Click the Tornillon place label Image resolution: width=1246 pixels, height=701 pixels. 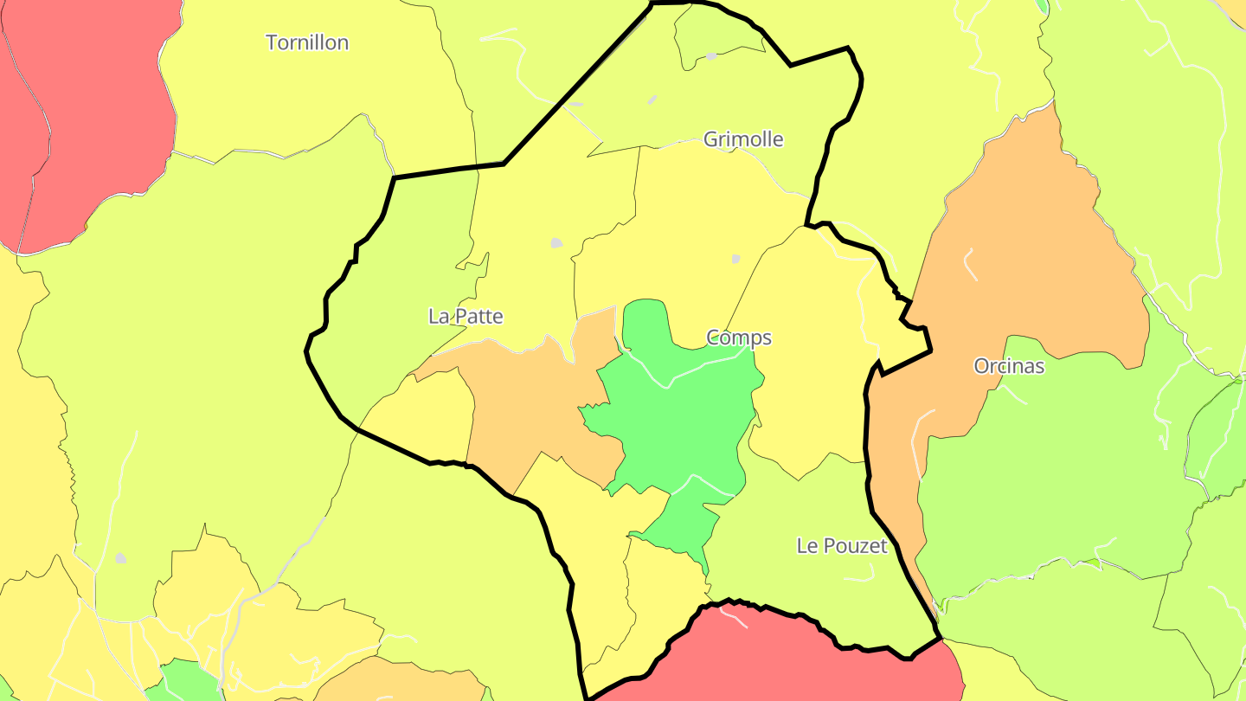tap(307, 42)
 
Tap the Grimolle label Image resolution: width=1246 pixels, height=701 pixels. tap(743, 139)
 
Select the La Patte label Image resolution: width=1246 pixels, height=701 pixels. tap(466, 317)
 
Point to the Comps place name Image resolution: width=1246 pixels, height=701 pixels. tap(739, 338)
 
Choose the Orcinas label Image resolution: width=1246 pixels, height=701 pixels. tap(1009, 366)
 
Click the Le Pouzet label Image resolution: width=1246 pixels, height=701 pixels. tap(842, 546)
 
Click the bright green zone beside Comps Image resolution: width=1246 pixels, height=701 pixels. tap(675, 415)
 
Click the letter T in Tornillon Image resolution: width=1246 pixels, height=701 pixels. tap(272, 42)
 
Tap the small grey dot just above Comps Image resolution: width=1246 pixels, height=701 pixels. tap(736, 258)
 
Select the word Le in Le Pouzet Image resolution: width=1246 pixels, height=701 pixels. tap(806, 546)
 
